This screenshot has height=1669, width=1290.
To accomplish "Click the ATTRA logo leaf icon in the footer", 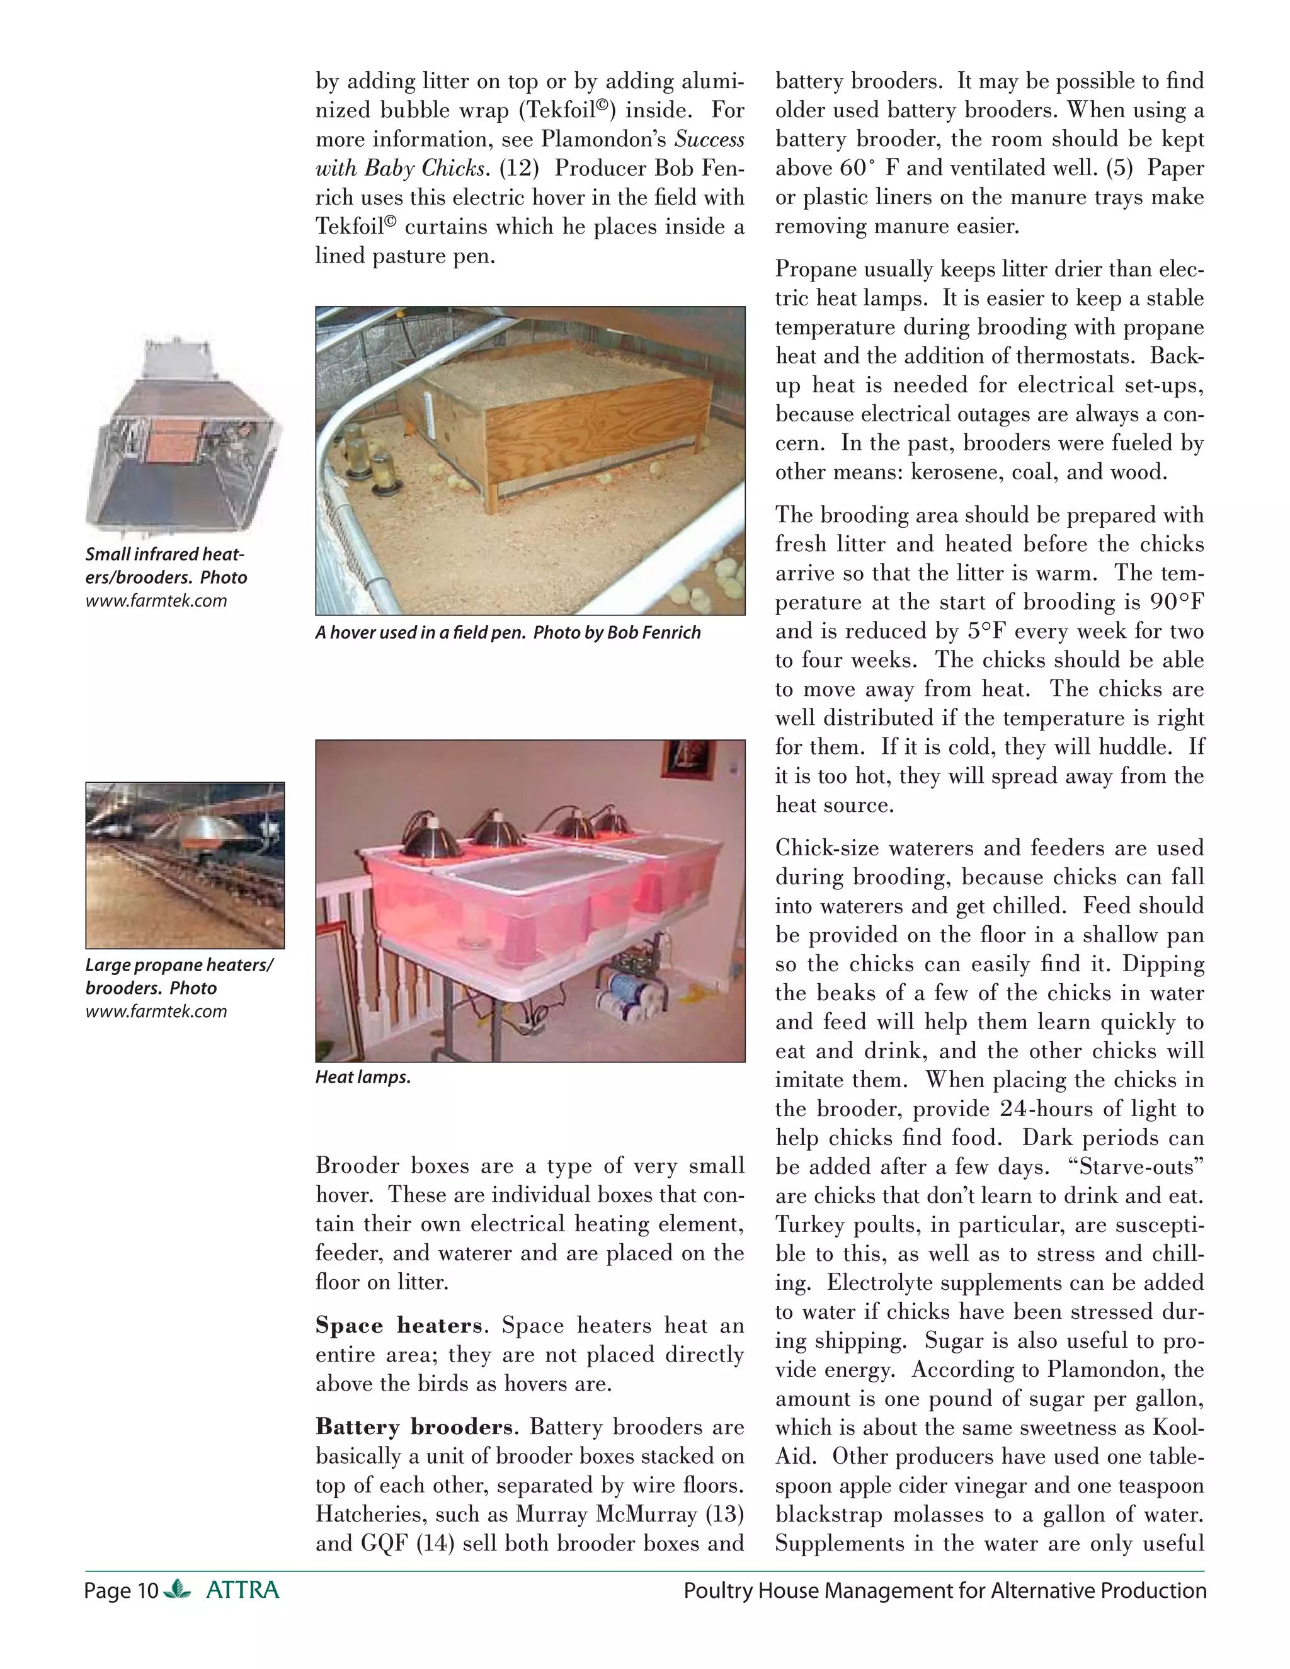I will [x=177, y=1590].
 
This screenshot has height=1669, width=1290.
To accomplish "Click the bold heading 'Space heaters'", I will [x=398, y=1325].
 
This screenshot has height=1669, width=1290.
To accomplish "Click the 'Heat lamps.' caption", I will [x=363, y=1078].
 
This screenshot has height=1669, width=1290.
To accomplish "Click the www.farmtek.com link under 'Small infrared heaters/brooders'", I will [x=156, y=601].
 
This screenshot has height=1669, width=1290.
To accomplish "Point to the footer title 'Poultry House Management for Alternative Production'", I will [x=945, y=1590].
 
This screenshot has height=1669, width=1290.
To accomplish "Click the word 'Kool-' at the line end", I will [x=1178, y=1428].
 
